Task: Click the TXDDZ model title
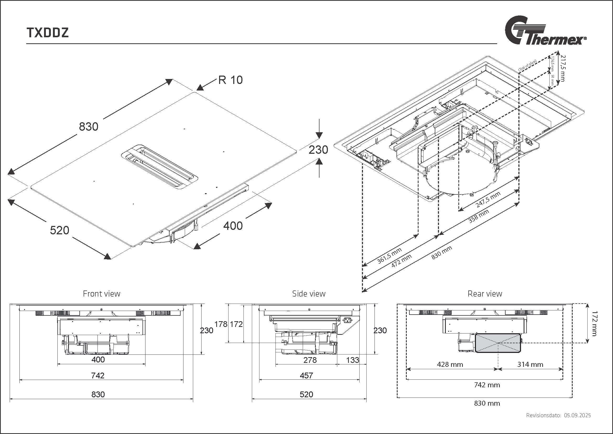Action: tap(47, 33)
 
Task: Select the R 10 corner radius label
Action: tap(230, 80)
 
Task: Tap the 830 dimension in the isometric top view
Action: tap(89, 127)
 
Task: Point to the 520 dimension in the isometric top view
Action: tap(59, 230)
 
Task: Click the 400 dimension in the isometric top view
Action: tap(233, 226)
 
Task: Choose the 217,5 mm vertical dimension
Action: tap(563, 68)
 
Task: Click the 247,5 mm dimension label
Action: tap(488, 199)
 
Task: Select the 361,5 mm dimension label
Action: tap(389, 256)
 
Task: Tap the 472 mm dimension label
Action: tap(401, 261)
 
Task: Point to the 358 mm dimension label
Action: tap(479, 216)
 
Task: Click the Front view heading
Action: tap(101, 294)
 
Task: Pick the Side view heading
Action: tap(309, 294)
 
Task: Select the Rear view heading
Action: tap(485, 294)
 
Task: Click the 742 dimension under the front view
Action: tap(98, 375)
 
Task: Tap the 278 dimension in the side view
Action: tap(310, 360)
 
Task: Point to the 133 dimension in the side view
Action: tap(352, 360)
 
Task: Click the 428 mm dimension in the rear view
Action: tap(450, 364)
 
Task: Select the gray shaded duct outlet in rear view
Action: tap(498, 343)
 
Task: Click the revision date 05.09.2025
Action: tap(577, 415)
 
